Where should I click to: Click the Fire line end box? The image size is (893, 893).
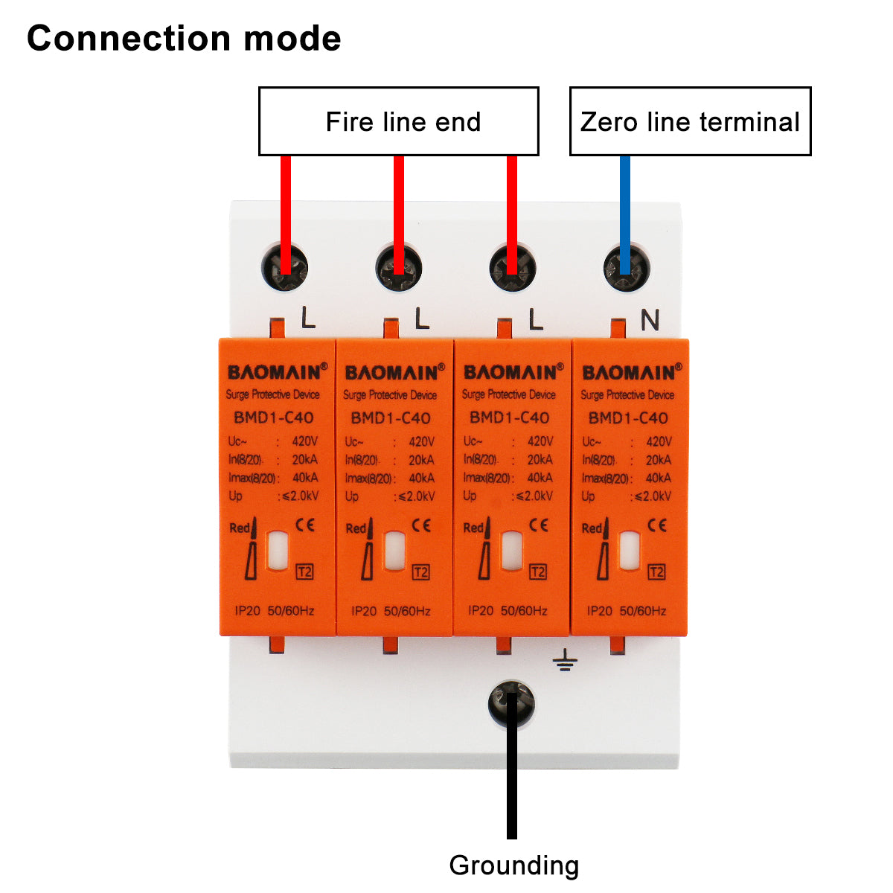(x=399, y=121)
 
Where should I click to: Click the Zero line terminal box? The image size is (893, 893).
(x=690, y=121)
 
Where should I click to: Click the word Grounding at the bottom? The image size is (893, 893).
(x=513, y=865)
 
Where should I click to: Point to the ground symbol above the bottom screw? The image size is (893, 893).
(x=566, y=659)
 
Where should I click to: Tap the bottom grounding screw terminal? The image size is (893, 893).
(x=511, y=703)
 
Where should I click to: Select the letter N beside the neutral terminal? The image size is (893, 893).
(x=650, y=320)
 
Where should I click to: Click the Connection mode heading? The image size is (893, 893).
(x=184, y=39)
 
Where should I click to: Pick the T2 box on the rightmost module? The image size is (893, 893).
(x=656, y=572)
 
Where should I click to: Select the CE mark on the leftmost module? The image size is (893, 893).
(x=305, y=525)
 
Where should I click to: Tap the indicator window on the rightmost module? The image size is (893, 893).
(x=630, y=551)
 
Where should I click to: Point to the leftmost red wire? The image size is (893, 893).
(x=286, y=201)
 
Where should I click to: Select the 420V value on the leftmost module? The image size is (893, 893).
(x=304, y=441)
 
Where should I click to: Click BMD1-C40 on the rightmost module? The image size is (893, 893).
(x=628, y=417)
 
